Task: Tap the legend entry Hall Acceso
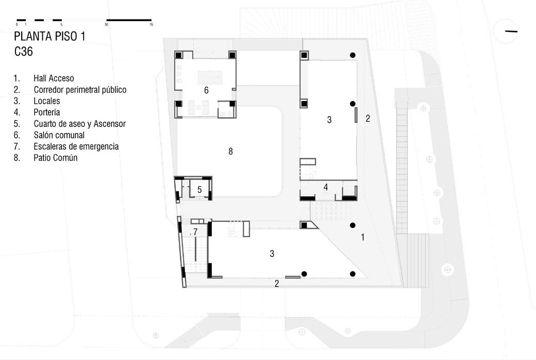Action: pos(54,78)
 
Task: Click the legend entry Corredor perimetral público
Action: pos(80,90)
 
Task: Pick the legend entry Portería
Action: pos(47,112)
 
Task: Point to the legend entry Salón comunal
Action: pos(59,135)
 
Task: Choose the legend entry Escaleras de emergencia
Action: pos(76,146)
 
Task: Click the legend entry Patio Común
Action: pos(55,158)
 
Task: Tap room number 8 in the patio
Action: pos(231,151)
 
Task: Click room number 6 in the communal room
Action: pos(206,90)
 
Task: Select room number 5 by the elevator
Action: pos(199,190)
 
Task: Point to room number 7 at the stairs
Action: pos(195,232)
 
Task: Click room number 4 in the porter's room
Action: pos(326,187)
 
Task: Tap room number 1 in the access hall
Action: pos(363,237)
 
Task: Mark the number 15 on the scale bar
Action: pos(151,25)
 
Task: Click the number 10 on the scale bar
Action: pos(106,25)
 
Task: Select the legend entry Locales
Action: pos(47,101)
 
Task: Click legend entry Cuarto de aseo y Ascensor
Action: pos(79,124)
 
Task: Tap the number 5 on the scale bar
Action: pos(61,25)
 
